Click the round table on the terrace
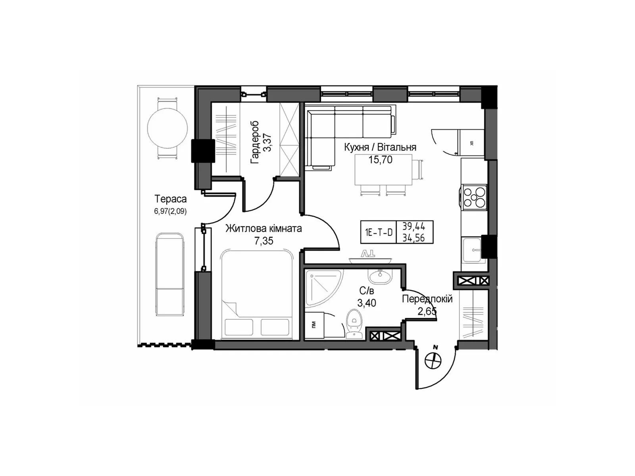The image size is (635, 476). pos(167,128)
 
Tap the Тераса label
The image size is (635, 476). pos(171,199)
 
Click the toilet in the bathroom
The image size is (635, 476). pos(354,323)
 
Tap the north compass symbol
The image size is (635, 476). pos(433,360)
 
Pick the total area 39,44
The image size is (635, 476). pos(414,227)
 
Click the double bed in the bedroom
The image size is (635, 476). pos(256,294)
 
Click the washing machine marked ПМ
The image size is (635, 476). pos(314,325)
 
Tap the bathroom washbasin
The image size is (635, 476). pos(379,275)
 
